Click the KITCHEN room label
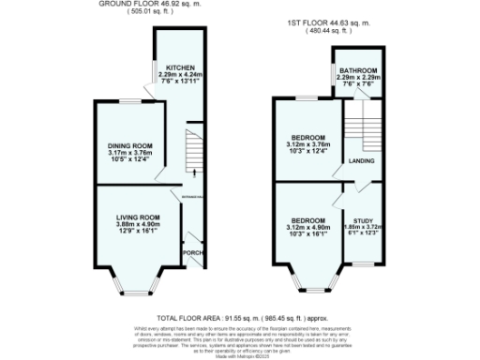(180, 68)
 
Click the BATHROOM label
(359, 71)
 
